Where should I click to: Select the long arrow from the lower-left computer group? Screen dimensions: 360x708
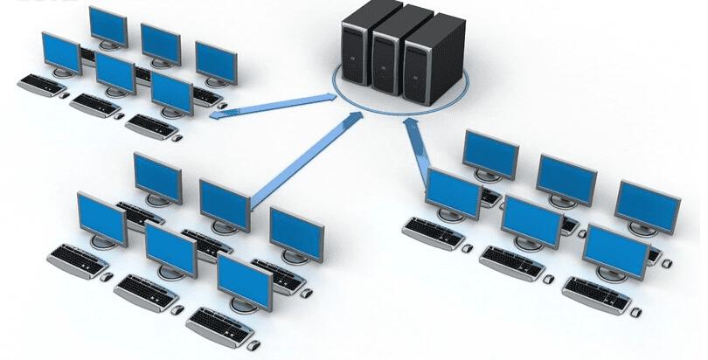pyautogui.click(x=306, y=161)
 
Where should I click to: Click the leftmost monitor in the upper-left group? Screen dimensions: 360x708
pyautogui.click(x=60, y=52)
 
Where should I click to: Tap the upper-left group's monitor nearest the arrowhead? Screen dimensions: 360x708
pyautogui.click(x=171, y=93)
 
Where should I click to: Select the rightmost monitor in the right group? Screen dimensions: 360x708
pyautogui.click(x=647, y=205)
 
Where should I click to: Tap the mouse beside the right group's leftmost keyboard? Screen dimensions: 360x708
pyautogui.click(x=468, y=247)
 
